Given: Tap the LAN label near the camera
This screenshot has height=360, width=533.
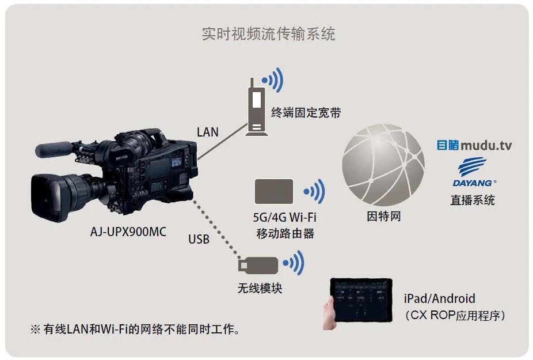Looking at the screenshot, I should coord(207,132).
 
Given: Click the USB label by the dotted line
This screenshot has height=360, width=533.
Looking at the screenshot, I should coord(199,238).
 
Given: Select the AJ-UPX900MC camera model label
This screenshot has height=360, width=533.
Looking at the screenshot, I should coord(128,233).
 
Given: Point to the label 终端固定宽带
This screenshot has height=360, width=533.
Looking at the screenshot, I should coord(306,112).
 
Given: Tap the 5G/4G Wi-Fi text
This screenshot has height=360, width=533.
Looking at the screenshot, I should coord(285,218).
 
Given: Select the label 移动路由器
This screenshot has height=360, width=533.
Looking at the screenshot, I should coord(285,234).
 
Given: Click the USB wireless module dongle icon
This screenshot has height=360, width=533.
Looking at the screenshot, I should coord(259,265).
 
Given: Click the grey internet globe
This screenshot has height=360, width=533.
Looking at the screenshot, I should coord(383,164).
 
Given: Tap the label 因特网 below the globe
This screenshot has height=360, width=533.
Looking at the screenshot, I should coord(383,217).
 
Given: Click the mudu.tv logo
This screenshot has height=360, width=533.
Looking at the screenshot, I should coord(474,145).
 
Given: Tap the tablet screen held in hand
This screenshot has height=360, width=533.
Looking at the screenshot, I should coord(361,303).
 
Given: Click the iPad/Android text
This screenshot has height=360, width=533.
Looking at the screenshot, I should coord(439,298).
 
